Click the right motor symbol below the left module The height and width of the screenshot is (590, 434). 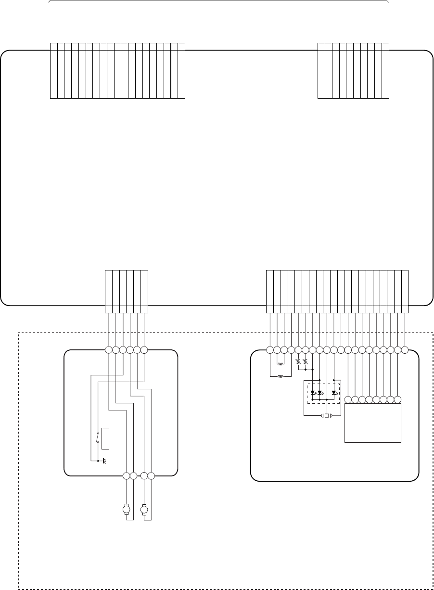point(143,509)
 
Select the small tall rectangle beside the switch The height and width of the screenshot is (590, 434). point(105,438)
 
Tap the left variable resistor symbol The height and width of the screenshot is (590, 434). point(298,361)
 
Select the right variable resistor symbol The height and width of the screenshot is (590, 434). point(306,361)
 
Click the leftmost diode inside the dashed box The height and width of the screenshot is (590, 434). point(313,393)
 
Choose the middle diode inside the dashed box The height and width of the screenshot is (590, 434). point(320,393)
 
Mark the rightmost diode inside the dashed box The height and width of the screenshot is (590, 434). point(334,393)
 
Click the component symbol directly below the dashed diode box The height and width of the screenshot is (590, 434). point(327,415)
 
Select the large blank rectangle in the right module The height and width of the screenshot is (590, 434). point(373,423)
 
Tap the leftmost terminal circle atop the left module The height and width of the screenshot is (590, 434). point(109,350)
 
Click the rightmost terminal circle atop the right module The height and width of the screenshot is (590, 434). point(405,350)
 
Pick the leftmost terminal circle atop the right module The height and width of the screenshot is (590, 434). point(270,350)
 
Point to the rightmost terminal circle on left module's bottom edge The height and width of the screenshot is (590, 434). point(151,476)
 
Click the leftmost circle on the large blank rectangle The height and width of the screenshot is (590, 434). point(348,399)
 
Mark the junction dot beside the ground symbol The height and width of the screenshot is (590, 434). point(98,461)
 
